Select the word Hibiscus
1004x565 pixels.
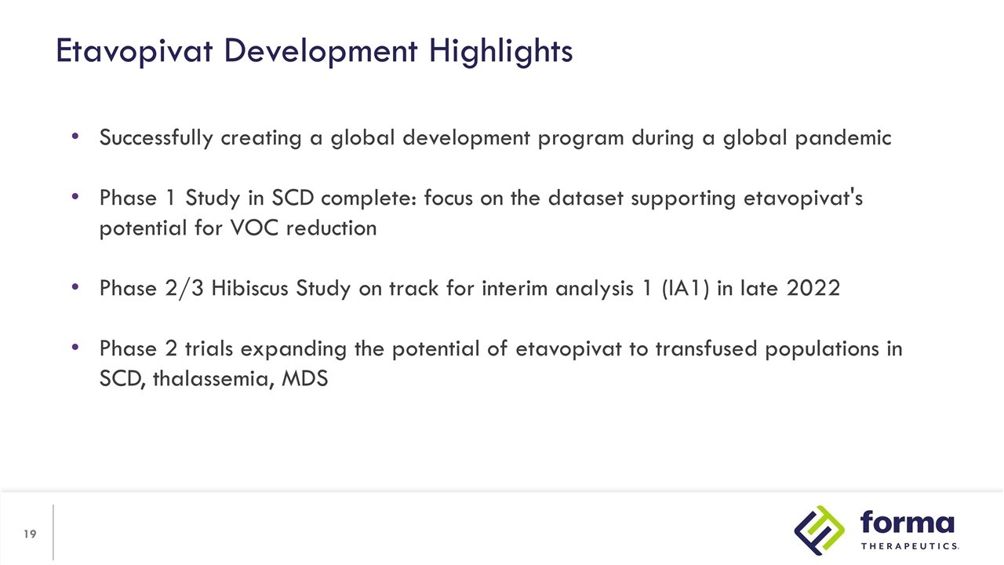(253, 289)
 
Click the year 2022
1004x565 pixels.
(813, 289)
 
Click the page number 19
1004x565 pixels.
(30, 534)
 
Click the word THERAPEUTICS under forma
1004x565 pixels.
(910, 546)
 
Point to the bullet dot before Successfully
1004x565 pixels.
(75, 137)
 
